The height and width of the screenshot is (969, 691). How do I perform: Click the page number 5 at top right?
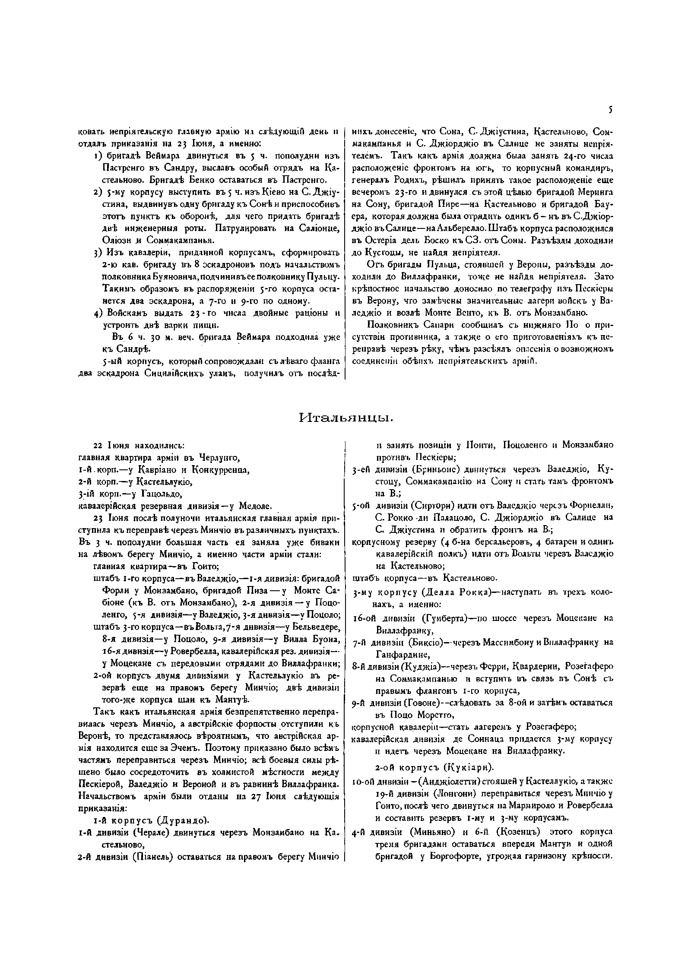610,111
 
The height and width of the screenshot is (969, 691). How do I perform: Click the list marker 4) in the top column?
98,313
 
